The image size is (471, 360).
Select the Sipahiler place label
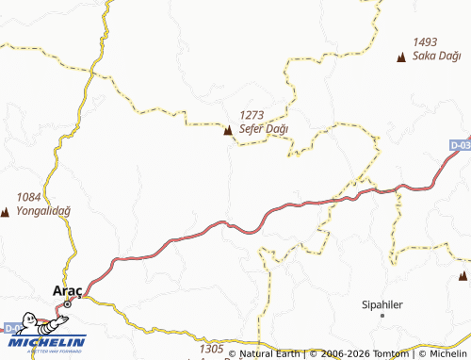pos(382,305)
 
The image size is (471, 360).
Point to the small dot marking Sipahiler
pos(382,318)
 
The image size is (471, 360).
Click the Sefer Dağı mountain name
pos(264,128)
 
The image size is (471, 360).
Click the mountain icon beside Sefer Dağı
pos(227,130)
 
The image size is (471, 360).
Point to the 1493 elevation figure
pos(426,42)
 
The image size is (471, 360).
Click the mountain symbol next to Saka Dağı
pos(401,57)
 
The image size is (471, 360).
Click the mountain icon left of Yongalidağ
pos(5,211)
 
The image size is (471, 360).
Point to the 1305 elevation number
pos(211,349)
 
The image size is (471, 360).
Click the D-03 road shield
pos(460,146)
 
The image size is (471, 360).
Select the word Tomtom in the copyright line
pos(389,354)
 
